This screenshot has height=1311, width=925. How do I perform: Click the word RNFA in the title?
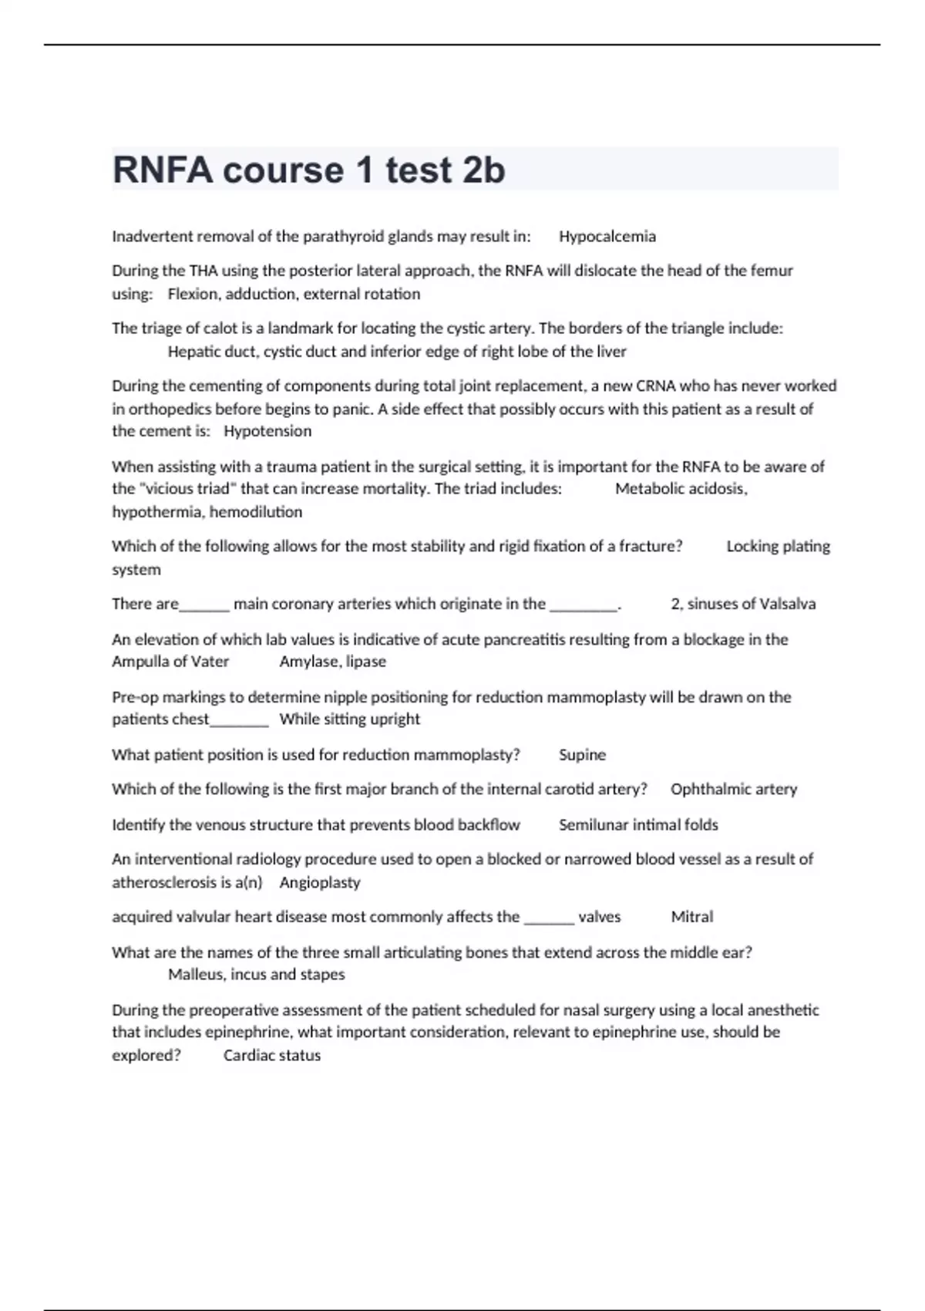click(163, 170)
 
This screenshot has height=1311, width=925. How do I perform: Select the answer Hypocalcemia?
click(607, 237)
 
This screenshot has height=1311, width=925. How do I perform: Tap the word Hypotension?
click(267, 431)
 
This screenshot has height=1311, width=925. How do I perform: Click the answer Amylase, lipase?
click(332, 662)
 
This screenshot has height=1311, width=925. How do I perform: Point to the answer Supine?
click(582, 755)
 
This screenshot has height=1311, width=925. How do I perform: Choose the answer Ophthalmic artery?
click(733, 789)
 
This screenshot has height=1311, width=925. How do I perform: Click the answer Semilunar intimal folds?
click(638, 825)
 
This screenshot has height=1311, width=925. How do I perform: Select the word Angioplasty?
click(319, 882)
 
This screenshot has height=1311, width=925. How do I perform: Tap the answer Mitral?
click(691, 917)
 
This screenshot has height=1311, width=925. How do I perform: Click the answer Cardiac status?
click(271, 1056)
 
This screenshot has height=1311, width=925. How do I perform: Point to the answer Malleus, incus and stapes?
click(256, 975)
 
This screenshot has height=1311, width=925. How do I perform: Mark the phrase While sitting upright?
click(349, 720)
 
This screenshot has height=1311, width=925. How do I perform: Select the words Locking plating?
click(778, 546)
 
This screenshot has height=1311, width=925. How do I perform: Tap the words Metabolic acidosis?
click(680, 489)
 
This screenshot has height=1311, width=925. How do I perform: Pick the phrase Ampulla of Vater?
click(170, 662)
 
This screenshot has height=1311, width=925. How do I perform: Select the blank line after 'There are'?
click(204, 606)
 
